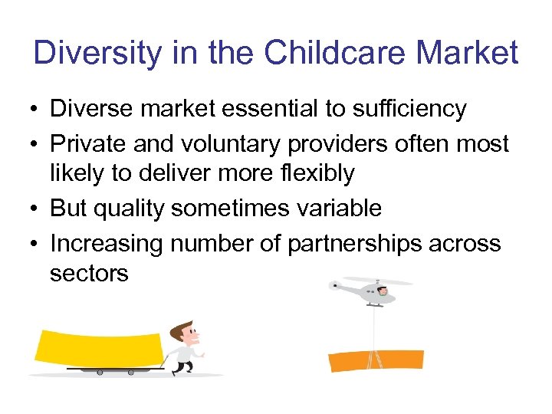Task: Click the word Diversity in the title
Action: click(97, 53)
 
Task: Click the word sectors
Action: click(89, 274)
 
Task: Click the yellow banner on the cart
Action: click(98, 349)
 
